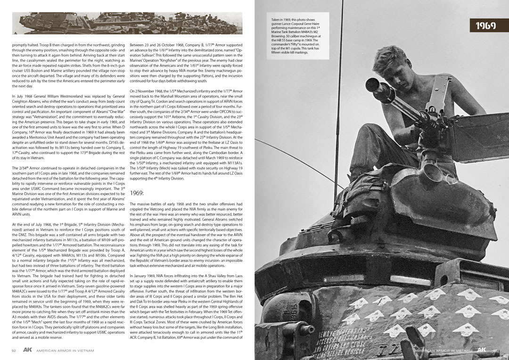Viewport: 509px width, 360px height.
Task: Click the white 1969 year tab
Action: (x=485, y=25)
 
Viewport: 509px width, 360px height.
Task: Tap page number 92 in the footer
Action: (x=15, y=351)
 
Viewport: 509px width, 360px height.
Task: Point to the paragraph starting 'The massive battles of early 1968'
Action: (x=186, y=234)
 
